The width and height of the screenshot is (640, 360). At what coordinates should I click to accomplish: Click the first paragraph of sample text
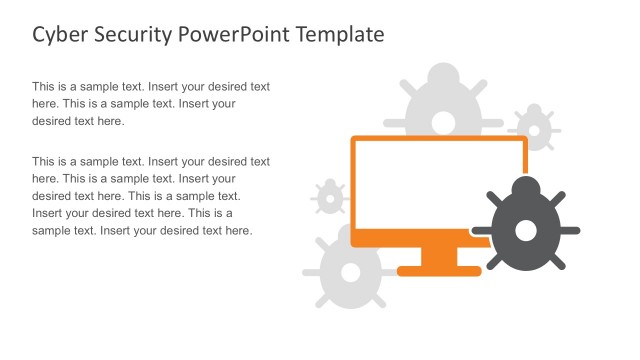pos(150,104)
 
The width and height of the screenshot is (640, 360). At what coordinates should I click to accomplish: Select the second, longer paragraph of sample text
pos(150,195)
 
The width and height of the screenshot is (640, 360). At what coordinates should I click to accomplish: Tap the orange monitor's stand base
pos(439,269)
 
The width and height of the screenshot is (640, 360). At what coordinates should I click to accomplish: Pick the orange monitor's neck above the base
pos(439,256)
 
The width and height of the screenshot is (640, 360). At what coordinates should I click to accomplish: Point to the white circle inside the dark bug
pos(525,231)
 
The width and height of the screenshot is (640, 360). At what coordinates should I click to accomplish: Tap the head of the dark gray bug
pos(525,186)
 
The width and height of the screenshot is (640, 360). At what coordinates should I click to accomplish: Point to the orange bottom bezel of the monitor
pos(438,239)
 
